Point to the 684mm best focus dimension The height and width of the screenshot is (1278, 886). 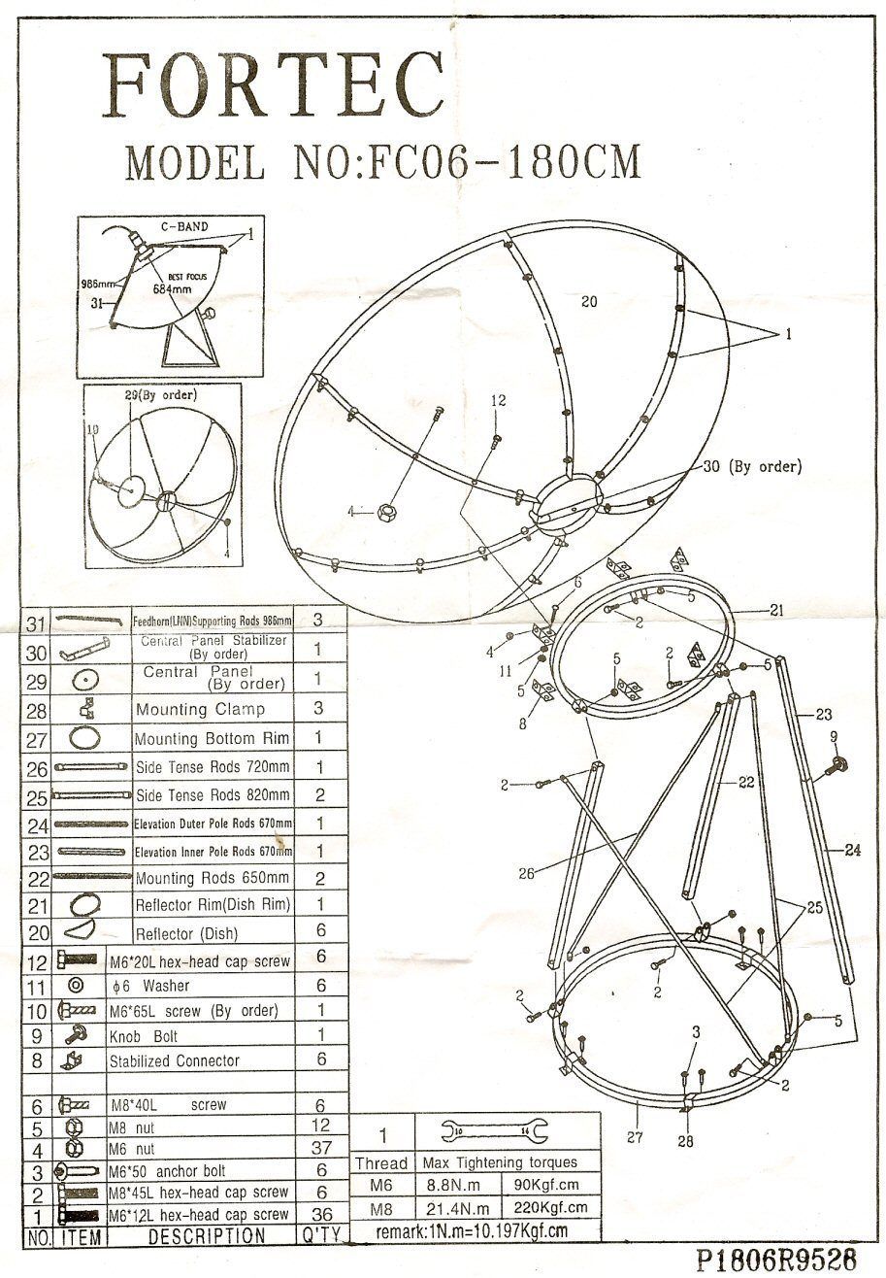(172, 287)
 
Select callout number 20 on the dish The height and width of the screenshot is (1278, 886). (589, 301)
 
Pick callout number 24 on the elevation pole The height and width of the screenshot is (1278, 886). (851, 850)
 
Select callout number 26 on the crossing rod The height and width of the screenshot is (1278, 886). (526, 873)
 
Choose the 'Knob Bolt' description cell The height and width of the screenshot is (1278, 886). (144, 1036)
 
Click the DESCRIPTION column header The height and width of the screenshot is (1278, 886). (206, 1236)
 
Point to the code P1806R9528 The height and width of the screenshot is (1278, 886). (776, 1259)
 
